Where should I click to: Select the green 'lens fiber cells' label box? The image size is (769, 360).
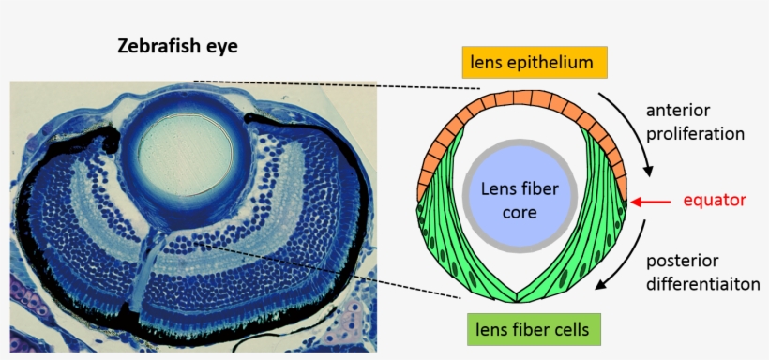(x=533, y=329)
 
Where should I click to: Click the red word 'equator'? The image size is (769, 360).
(x=715, y=200)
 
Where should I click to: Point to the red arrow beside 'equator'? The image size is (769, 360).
(x=653, y=200)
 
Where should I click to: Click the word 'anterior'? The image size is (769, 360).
(x=678, y=111)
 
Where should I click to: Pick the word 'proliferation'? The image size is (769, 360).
(x=695, y=133)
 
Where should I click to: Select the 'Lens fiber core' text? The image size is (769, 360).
(x=519, y=200)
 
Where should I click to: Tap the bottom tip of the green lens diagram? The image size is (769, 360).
(x=519, y=299)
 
